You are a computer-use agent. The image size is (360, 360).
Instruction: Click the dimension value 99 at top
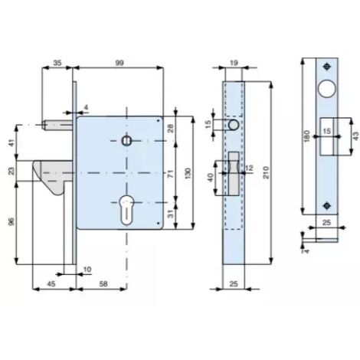(119, 63)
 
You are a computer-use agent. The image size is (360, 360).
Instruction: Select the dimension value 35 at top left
(57, 63)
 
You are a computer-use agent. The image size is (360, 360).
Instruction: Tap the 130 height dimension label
(188, 173)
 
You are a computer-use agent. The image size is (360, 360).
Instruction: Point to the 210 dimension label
(266, 172)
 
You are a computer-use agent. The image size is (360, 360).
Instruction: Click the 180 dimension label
(307, 136)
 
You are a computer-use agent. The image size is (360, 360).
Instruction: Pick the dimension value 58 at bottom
(103, 283)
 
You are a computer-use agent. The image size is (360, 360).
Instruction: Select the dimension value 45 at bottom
(51, 283)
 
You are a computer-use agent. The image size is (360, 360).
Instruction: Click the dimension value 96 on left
(11, 221)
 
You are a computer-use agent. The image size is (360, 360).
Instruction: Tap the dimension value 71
(171, 174)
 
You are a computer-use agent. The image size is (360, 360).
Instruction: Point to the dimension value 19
(234, 63)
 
